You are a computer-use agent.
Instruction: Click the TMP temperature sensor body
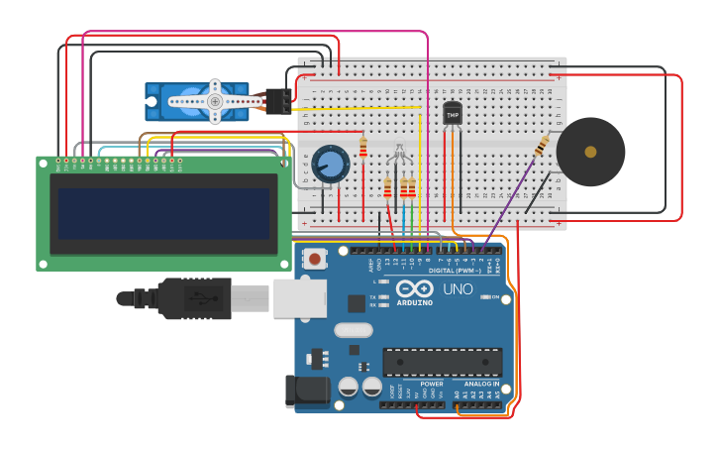click(453, 114)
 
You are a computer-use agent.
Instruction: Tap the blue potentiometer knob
click(331, 163)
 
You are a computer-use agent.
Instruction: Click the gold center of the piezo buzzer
click(590, 152)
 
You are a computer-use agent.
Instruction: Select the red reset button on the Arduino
click(315, 259)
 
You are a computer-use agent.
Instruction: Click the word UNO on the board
click(457, 289)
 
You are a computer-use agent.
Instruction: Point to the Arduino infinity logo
click(414, 288)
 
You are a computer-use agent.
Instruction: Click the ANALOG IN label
click(481, 384)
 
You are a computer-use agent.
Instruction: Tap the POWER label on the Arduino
click(431, 384)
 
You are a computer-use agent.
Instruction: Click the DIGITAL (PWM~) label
click(455, 271)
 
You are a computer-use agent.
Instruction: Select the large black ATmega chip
click(442, 362)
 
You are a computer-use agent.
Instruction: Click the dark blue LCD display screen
click(164, 214)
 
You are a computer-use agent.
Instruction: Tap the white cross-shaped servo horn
click(214, 101)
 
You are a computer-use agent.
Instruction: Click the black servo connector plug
click(279, 101)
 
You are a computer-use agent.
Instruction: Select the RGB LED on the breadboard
click(399, 154)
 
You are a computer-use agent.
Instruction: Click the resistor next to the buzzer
click(542, 146)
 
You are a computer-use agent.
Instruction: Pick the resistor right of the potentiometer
click(363, 148)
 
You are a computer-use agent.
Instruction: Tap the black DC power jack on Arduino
click(307, 392)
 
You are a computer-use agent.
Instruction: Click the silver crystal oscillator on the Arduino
click(354, 330)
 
